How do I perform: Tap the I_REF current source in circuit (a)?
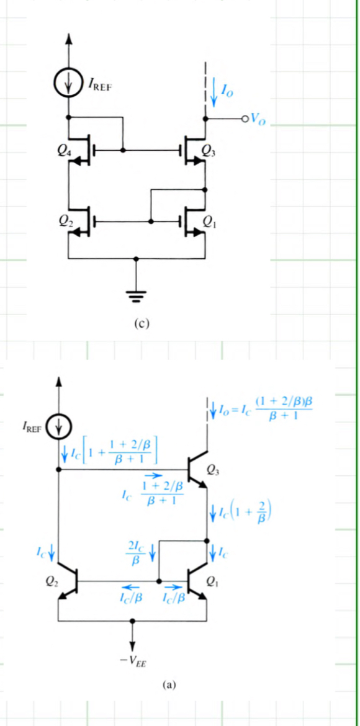[x=60, y=426]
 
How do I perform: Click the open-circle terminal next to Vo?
[x=245, y=118]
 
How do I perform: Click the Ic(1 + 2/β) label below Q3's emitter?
[x=244, y=513]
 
